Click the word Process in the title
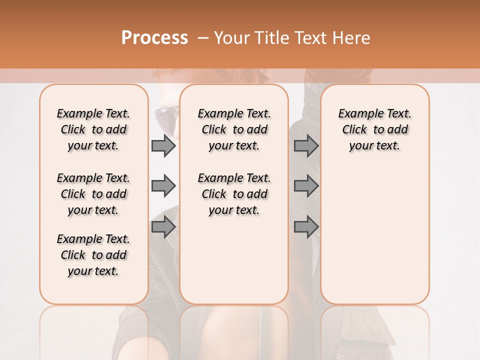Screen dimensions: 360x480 (x=154, y=37)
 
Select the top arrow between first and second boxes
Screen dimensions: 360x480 (x=163, y=146)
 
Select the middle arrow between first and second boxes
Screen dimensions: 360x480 (x=163, y=186)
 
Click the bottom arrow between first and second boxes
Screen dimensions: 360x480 (x=163, y=227)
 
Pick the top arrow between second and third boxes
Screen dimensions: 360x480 (x=306, y=146)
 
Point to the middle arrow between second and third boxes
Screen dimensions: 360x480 (x=306, y=186)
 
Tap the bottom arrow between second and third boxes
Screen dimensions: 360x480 (x=306, y=227)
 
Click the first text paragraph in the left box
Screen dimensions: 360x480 (x=93, y=129)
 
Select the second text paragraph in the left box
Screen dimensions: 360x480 (x=93, y=194)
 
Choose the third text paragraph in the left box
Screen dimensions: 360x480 (x=93, y=255)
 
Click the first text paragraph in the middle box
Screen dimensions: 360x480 (x=234, y=129)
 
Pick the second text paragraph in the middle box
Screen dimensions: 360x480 (x=234, y=194)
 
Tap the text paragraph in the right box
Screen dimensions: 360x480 (x=374, y=129)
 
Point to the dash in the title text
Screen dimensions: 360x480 (x=203, y=38)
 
